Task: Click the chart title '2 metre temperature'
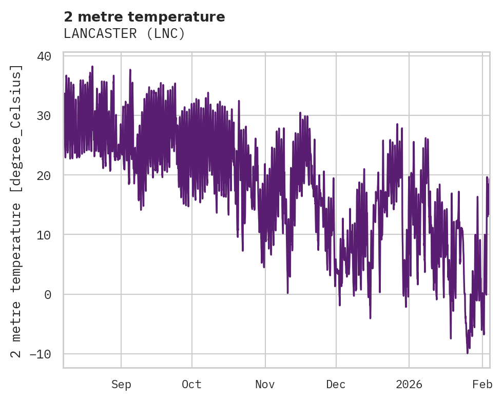pyautogui.click(x=144, y=17)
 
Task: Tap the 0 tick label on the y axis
pyautogui.click(x=48, y=294)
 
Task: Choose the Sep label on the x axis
pyautogui.click(x=121, y=385)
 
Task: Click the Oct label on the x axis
pyautogui.click(x=191, y=385)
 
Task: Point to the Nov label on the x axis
pyautogui.click(x=265, y=385)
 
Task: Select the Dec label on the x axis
pyautogui.click(x=336, y=385)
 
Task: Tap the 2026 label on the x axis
pyautogui.click(x=409, y=385)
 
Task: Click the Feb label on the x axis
pyautogui.click(x=482, y=385)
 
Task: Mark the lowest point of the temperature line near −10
pyautogui.click(x=467, y=352)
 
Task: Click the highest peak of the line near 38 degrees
pyautogui.click(x=92, y=67)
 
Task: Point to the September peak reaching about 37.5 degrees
pyautogui.click(x=130, y=70)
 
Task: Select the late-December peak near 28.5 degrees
pyautogui.click(x=397, y=124)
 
